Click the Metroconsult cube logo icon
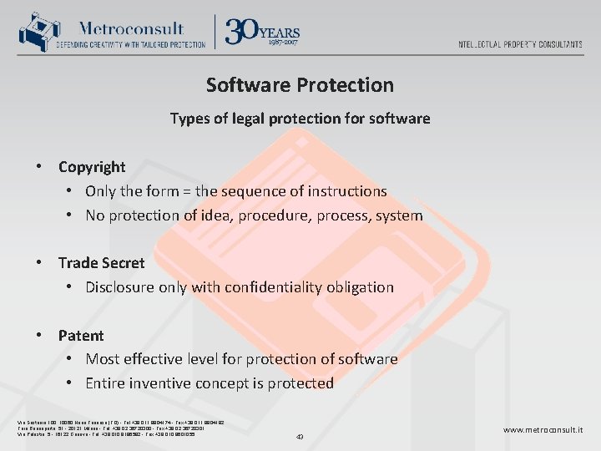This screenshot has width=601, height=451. (34, 32)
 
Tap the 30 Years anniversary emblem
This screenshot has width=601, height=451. (262, 32)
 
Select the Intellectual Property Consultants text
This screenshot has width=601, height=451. (520, 44)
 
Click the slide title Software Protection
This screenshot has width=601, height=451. (300, 85)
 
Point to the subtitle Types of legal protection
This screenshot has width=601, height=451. (300, 119)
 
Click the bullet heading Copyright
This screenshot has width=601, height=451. (92, 167)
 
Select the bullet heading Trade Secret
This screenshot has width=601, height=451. (101, 263)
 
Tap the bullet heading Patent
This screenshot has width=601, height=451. (81, 336)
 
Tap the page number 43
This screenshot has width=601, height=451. (300, 436)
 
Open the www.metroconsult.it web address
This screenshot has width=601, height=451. (543, 430)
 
